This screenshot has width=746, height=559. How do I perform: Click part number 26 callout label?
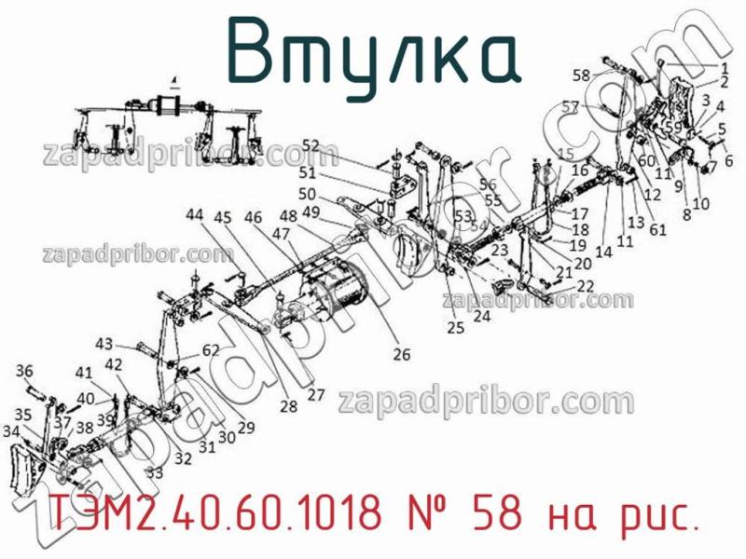click(401, 354)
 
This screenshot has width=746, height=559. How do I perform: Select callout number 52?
click(311, 145)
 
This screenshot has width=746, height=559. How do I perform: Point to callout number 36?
click(24, 370)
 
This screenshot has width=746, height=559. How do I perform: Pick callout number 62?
click(210, 351)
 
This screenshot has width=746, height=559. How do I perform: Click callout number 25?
click(454, 327)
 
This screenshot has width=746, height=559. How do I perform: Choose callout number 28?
click(287, 406)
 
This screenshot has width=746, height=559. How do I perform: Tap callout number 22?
click(586, 286)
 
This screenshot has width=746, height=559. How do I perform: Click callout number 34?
click(11, 431)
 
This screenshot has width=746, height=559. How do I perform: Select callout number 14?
click(603, 252)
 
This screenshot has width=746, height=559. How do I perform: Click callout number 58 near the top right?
click(582, 75)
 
